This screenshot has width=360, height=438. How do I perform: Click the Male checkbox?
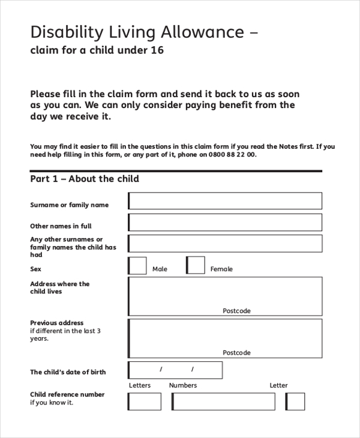coord(137,265)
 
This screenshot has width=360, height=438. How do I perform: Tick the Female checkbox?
coord(196,265)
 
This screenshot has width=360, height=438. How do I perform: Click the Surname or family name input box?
coord(225,201)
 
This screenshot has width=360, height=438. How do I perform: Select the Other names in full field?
coord(225,223)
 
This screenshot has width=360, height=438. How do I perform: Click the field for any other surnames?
coord(225,244)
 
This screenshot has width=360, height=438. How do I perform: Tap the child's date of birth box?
coord(175,370)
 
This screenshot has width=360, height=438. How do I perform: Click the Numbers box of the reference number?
coord(223,401)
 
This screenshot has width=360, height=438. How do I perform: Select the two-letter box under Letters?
coord(145,401)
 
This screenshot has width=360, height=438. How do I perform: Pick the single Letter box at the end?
coord(295,401)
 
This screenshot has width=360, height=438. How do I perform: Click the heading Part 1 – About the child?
coord(85,179)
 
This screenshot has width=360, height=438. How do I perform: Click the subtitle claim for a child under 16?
coord(97,50)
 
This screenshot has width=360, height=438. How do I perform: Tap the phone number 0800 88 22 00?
coord(232,154)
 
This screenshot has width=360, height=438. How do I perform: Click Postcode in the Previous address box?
coord(236,353)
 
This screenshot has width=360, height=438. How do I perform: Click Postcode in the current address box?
coord(236,311)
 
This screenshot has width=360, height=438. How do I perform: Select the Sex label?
coord(36,269)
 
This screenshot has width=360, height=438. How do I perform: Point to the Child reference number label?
coord(67,394)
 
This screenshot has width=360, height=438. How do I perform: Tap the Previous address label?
coord(57,323)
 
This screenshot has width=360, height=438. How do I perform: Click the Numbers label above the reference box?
coord(183,385)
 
